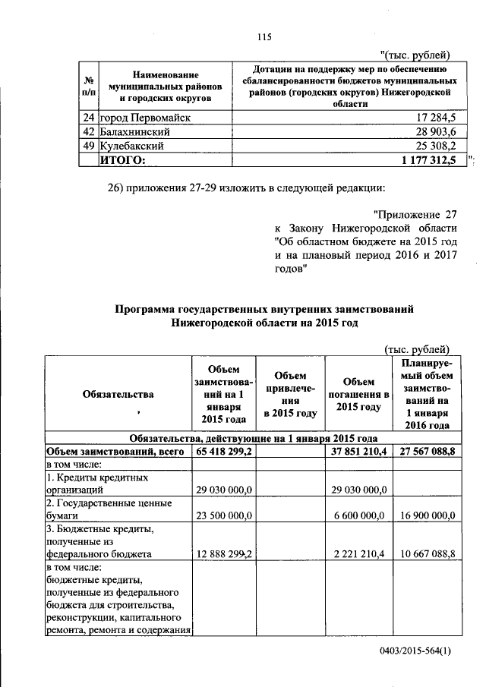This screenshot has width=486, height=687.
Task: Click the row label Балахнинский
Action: tap(134, 131)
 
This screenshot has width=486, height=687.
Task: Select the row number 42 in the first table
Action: tap(88, 131)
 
